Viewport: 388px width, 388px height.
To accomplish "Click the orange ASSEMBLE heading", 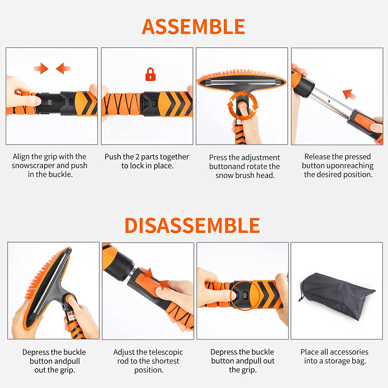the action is click(193, 27).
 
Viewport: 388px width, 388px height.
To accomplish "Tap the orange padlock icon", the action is click(151, 74).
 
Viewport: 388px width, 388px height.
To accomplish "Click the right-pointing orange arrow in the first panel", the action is click(41, 69).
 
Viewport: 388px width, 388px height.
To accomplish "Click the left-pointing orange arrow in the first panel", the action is click(63, 69).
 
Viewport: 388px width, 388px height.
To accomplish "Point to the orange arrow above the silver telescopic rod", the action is click(349, 94).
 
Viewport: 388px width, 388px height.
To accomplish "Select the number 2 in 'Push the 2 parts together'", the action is click(137, 157).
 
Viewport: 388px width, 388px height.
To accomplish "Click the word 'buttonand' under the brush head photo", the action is click(227, 166).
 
